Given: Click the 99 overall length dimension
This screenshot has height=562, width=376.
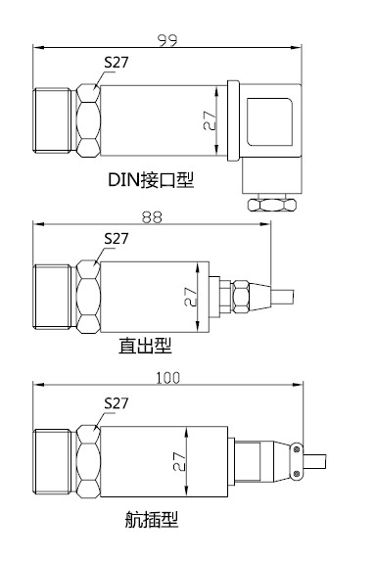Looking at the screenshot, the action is click(167, 40).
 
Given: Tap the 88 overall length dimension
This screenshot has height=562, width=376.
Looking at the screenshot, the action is click(152, 217).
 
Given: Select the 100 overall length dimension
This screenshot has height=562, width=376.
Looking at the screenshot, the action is click(167, 378).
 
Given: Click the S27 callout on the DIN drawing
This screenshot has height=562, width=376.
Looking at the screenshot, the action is click(117, 63).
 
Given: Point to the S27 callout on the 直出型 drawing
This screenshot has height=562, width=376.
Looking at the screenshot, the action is click(117, 238).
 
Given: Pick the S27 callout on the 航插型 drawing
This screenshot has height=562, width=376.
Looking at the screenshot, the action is click(117, 403).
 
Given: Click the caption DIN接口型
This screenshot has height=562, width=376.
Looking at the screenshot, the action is click(151, 179).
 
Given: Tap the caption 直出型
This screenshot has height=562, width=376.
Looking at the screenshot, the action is click(145, 346).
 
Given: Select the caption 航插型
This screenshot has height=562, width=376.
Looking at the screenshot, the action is click(151, 519).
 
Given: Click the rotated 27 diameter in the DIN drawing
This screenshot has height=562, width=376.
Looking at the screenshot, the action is click(210, 120).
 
